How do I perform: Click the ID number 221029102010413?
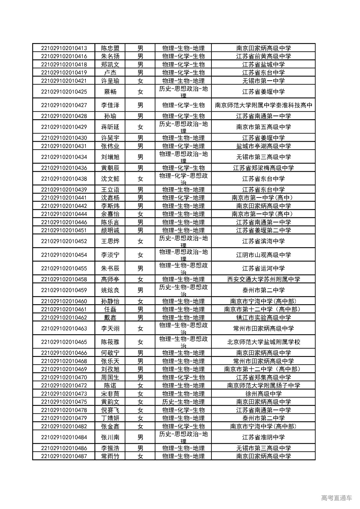pos(64,48)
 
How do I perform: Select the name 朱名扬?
pos(110,56)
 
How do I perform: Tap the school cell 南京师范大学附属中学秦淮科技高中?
pos(264,105)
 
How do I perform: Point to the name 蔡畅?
pos(110,92)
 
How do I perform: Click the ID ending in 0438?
pos(64,179)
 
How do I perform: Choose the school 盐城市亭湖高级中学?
pos(264,146)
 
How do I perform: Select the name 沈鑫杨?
pos(110,198)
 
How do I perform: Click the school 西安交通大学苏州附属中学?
pos(264,279)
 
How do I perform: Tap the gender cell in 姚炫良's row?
pos(140,290)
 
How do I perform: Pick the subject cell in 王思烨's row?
pos(183,241)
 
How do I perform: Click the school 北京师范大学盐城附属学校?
pos(264,342)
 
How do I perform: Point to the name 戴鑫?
pos(110,317)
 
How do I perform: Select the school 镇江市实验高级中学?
pos(264,317)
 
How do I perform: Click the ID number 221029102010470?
pos(64,377)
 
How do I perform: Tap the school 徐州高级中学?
pos(264,394)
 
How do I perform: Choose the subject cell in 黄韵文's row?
pos(183,402)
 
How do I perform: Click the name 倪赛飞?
pos(110,410)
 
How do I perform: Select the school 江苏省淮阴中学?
pos(264,437)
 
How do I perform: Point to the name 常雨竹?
pos(110,456)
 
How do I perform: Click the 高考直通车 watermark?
pos(336,498)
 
